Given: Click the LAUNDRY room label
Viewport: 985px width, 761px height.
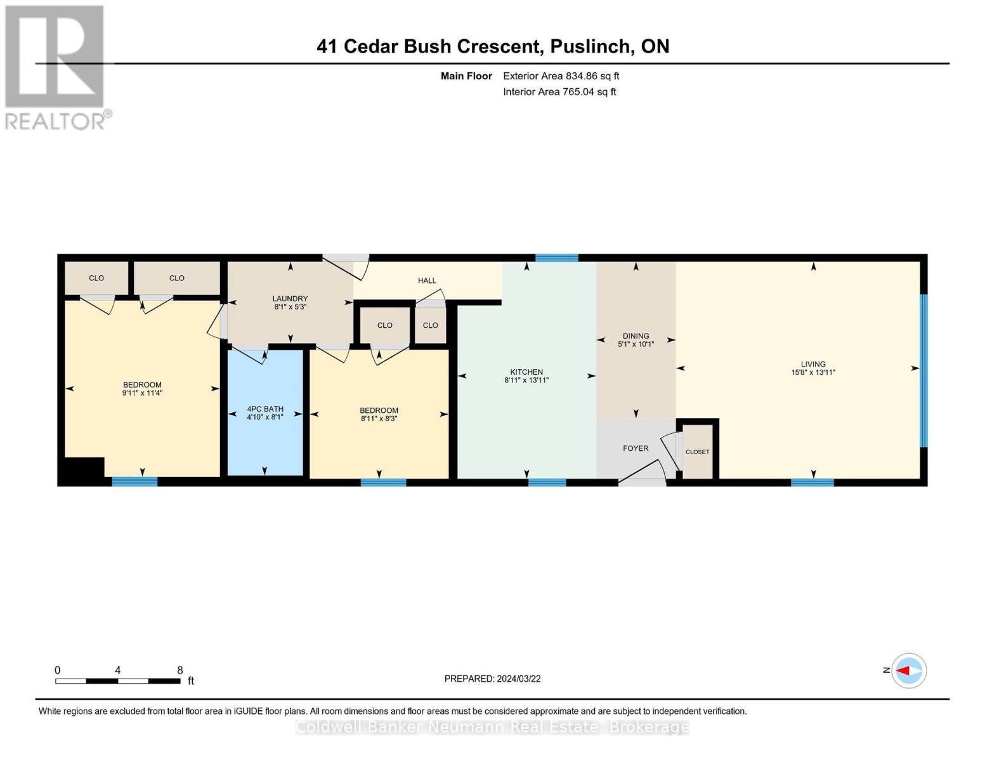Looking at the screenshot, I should [x=290, y=299].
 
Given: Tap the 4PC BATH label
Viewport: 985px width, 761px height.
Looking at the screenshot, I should [x=265, y=409].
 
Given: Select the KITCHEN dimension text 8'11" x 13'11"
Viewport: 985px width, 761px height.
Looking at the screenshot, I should [x=526, y=380].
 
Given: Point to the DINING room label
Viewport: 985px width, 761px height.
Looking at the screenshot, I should [x=636, y=336].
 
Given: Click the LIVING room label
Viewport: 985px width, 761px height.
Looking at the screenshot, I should [x=813, y=364].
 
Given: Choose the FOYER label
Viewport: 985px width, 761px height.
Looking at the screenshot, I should [x=636, y=448].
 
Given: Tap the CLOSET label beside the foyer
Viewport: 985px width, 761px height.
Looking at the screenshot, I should [x=697, y=452].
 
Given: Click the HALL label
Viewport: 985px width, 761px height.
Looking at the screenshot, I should [x=427, y=280].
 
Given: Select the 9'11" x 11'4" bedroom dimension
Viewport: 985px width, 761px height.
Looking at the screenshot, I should [x=142, y=393].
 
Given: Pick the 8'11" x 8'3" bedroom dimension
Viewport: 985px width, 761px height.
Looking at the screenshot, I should [x=379, y=419].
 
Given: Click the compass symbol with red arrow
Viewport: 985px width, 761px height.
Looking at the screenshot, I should [x=909, y=670].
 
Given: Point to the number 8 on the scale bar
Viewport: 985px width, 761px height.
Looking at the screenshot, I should [x=180, y=670].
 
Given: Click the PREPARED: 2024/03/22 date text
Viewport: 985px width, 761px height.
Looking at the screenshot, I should [x=492, y=679].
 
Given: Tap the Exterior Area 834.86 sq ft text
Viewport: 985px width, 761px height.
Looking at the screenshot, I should [x=561, y=76].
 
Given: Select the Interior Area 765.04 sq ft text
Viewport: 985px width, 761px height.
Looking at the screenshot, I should [x=559, y=92].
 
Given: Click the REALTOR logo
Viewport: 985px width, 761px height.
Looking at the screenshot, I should [x=56, y=67].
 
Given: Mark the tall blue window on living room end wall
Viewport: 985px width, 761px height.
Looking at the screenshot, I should [x=923, y=370].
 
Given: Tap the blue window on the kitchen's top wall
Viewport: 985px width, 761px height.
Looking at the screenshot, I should [x=556, y=257].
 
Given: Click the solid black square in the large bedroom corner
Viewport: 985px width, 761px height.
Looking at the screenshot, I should [x=81, y=471].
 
